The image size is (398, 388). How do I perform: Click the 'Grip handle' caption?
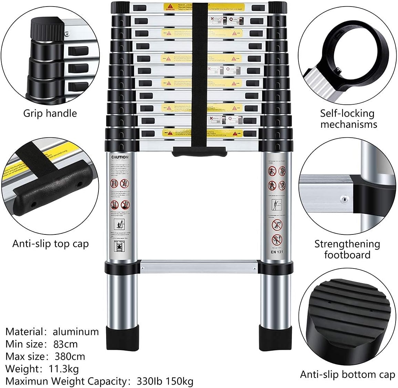coord(50,113)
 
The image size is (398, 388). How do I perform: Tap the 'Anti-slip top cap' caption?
coord(51,244)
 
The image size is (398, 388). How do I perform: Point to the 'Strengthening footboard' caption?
coord(347,249)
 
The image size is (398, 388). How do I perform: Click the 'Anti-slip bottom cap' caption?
coord(347,374)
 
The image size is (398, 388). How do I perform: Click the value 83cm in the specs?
coord(65,344)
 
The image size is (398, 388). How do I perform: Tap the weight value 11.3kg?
coord(62,369)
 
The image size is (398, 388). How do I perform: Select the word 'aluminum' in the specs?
coord(76,332)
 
